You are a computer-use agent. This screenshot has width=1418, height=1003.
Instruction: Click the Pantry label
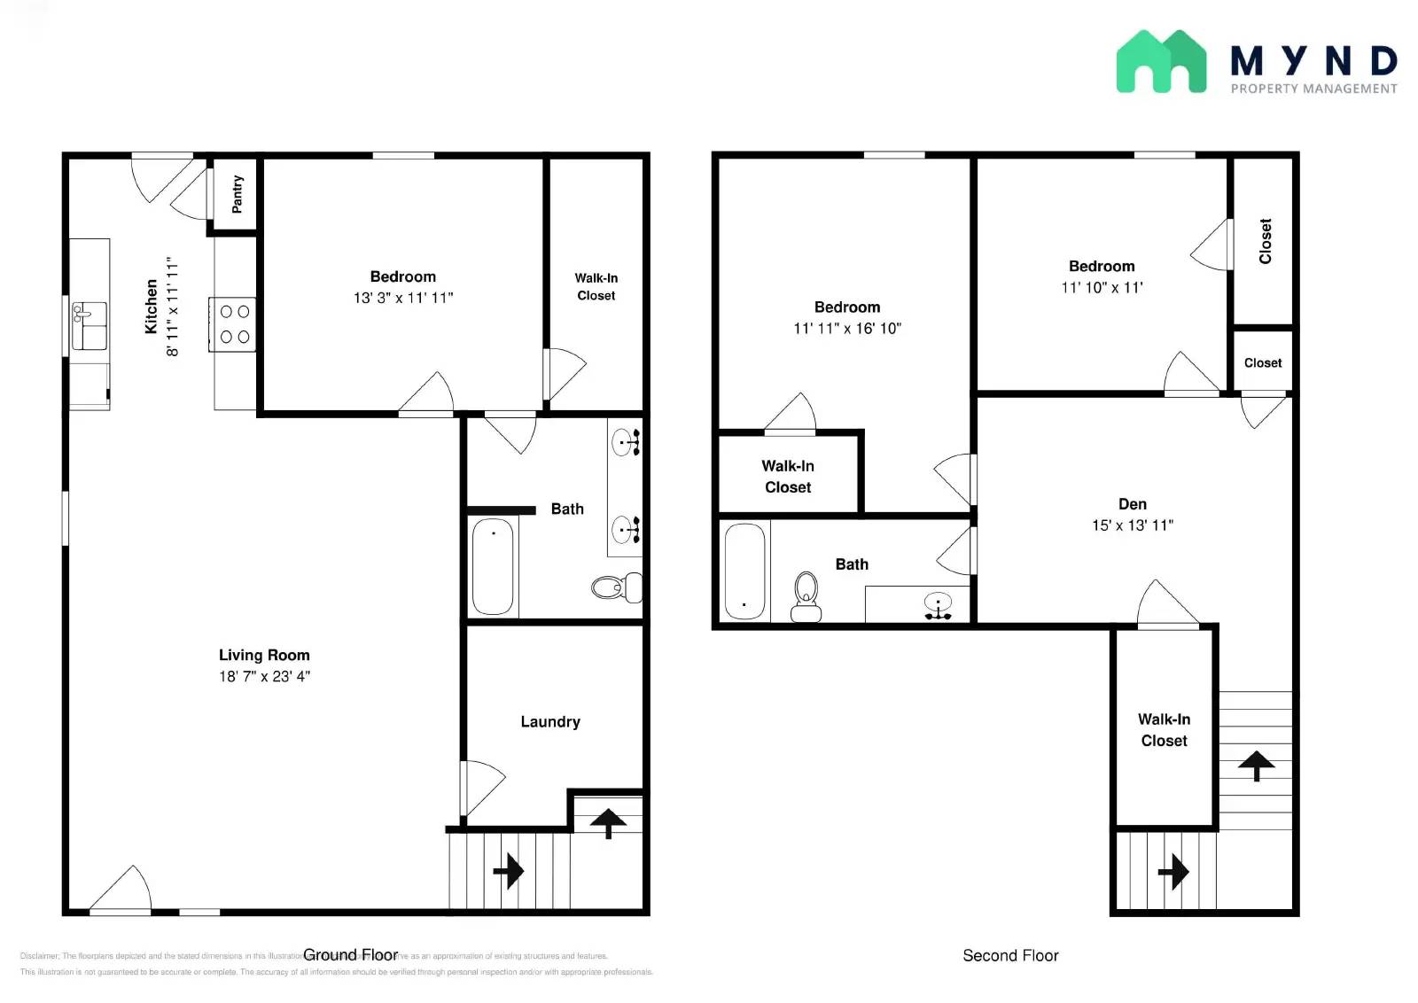237,194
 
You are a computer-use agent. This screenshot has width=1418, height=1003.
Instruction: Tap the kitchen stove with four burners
234,324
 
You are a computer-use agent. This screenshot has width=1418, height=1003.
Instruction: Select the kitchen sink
90,325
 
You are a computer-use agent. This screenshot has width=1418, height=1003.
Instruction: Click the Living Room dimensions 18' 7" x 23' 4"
264,676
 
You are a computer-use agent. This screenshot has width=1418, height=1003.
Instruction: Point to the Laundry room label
550,721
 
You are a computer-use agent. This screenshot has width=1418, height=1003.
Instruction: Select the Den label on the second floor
1132,504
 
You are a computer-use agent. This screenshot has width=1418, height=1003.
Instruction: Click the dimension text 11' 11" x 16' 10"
846,329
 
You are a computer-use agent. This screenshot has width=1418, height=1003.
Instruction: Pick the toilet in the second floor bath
806,596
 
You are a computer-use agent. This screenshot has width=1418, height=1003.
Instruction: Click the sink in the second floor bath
938,606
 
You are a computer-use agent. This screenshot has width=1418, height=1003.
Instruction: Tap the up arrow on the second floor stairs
1256,765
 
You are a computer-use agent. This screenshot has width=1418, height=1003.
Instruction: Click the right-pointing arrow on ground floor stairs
509,871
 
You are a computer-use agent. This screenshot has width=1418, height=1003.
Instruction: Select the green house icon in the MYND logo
1160,62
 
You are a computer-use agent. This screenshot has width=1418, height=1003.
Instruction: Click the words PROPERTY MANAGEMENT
1313,89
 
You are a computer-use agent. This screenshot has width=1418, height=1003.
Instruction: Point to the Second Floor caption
1010,955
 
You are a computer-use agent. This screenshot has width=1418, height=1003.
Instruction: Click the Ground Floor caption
351,954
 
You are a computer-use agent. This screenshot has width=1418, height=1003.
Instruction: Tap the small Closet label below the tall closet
1262,363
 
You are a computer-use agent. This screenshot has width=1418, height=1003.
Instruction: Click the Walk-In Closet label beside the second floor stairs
1164,730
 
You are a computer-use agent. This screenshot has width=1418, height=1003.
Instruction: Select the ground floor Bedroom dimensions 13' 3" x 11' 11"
402,298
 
